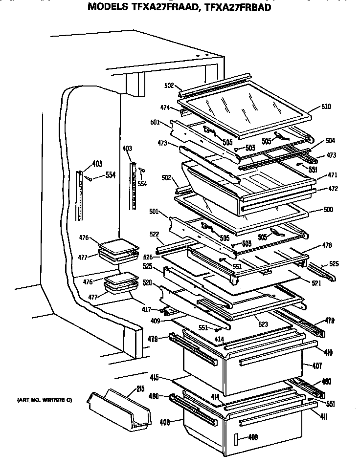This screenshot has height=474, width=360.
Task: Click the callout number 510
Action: pos(327,107)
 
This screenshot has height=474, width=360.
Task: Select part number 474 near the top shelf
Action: pos(164,107)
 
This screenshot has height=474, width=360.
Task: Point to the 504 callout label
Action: pos(330,140)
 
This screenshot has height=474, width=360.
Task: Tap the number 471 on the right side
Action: pos(333,175)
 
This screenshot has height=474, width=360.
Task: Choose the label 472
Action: pos(333,189)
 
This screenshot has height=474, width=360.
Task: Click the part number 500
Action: pos(328,210)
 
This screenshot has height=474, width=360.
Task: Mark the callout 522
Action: pos(155,235)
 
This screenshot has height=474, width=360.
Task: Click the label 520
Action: pos(147,283)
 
